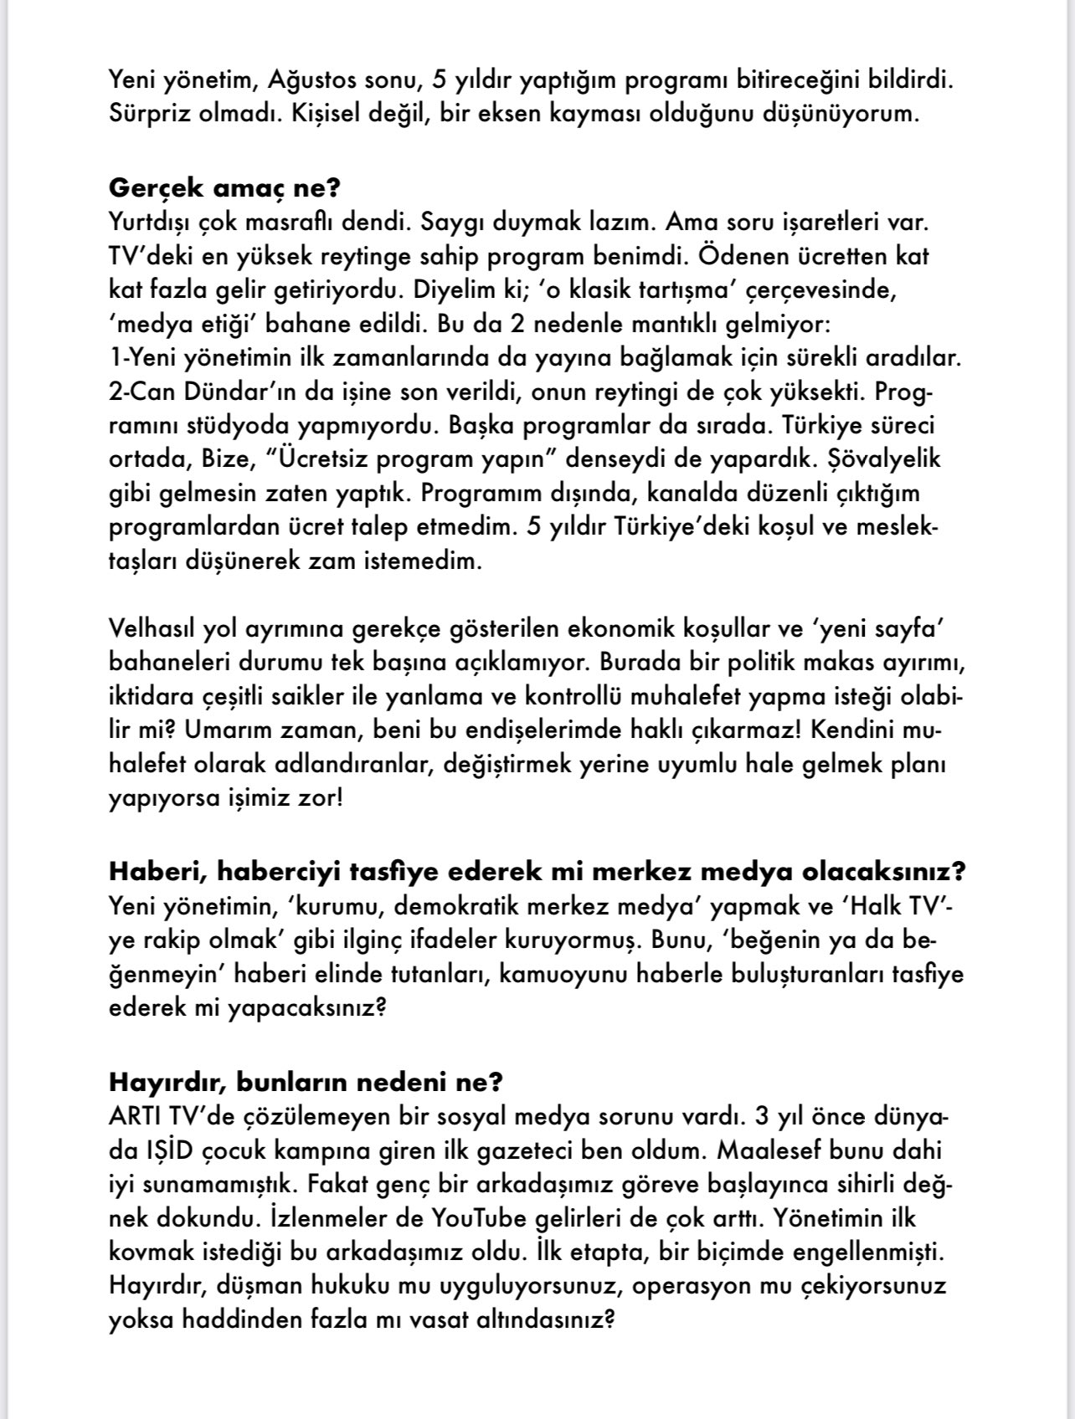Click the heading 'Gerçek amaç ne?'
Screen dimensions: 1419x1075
point(224,187)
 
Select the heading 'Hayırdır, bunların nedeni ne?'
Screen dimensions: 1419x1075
point(306,1083)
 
